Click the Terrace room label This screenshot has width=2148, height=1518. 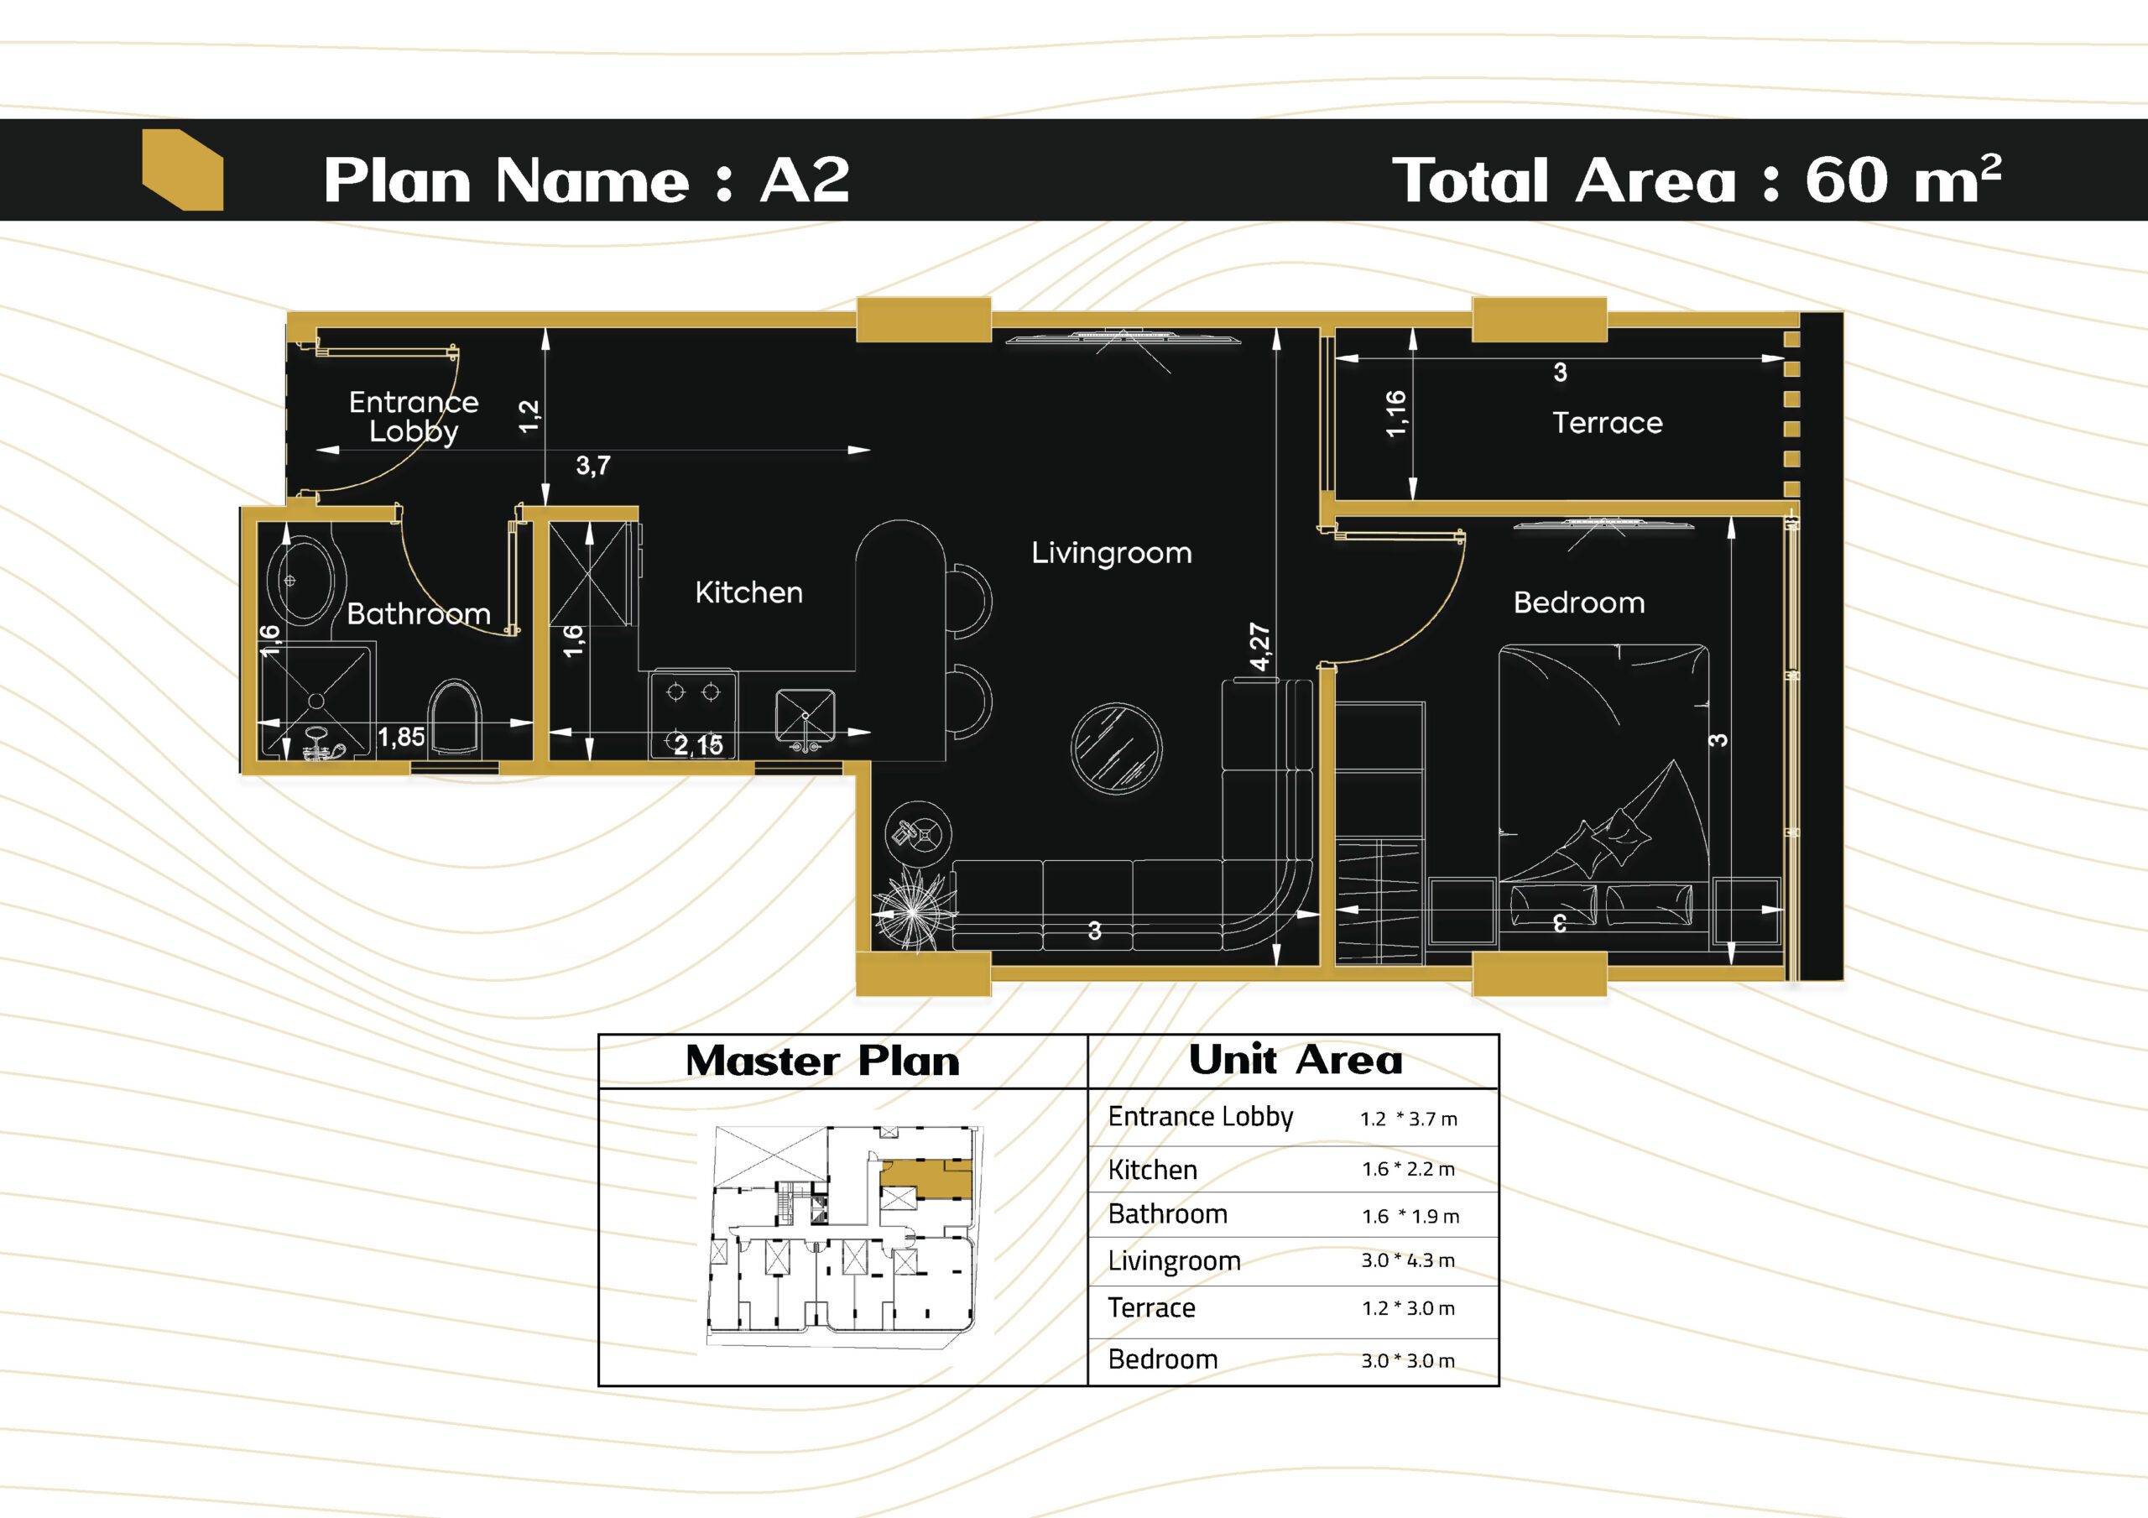1608,423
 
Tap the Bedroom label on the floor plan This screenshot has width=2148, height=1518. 1579,603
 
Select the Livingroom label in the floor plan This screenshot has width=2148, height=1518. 1112,553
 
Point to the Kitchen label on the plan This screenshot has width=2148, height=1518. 748,592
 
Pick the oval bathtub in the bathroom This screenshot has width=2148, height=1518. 300,579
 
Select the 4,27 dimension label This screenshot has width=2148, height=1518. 1260,647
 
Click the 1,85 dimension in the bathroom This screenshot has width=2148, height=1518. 401,738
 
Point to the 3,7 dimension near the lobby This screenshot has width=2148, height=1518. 593,465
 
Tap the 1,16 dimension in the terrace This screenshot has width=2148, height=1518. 1395,414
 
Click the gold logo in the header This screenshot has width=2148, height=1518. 182,170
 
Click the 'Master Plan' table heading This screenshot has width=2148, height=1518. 822,1062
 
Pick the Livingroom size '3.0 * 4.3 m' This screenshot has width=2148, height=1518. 1408,1260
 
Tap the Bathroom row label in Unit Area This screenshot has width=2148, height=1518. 1167,1215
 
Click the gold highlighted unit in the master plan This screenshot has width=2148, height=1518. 926,1179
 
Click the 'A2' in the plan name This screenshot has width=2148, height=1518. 805,180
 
